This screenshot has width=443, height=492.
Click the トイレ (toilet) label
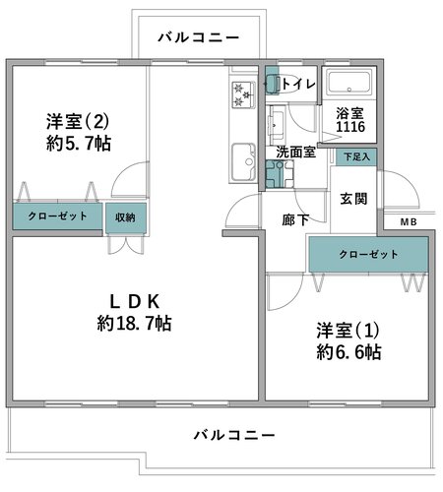[298, 85]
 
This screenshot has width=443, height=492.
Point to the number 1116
[350, 127]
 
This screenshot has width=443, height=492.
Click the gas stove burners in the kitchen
[243, 94]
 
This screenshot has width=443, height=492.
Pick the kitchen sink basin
[243, 161]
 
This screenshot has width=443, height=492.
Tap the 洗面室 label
[295, 153]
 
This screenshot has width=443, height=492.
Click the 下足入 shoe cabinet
[356, 157]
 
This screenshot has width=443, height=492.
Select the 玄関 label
[353, 199]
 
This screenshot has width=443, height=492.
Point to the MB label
[409, 222]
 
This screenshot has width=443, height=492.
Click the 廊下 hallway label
[295, 219]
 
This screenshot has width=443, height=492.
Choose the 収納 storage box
[126, 217]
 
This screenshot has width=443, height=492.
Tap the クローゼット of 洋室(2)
[57, 216]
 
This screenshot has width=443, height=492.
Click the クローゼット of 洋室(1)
[368, 254]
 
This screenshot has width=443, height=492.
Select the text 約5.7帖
[79, 144]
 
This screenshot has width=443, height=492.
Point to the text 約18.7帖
[134, 324]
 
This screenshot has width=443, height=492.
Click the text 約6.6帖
[348, 352]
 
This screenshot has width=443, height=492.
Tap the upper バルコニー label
[199, 37]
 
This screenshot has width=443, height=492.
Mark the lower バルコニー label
[234, 435]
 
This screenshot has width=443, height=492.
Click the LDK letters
[135, 302]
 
